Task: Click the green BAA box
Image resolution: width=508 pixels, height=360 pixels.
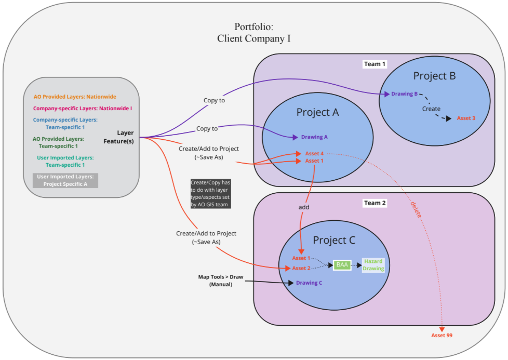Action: click(x=342, y=264)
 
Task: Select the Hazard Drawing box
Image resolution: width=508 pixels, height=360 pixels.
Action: click(x=373, y=265)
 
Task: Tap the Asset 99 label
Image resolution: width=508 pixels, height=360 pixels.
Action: click(x=442, y=335)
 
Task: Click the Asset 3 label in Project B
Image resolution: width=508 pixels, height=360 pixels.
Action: click(x=466, y=118)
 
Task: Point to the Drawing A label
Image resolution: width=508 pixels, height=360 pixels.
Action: click(x=314, y=137)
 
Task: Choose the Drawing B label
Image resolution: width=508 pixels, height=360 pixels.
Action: click(x=404, y=94)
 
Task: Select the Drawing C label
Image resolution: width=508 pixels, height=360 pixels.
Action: click(x=309, y=283)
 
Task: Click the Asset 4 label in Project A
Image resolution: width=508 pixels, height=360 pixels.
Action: click(x=314, y=153)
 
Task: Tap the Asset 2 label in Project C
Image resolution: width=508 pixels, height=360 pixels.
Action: click(x=301, y=268)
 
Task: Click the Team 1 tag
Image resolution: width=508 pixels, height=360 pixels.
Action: click(x=375, y=64)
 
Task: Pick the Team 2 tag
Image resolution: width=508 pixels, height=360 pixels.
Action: click(x=375, y=203)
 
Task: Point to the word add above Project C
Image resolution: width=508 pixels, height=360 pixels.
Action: click(x=304, y=207)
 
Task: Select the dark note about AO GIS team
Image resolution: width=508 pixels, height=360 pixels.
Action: click(x=209, y=194)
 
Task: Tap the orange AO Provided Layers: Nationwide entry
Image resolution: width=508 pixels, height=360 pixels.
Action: click(x=75, y=97)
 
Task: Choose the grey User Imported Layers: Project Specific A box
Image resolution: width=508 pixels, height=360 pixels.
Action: click(x=65, y=180)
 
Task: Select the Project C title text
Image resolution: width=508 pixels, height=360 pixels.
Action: click(x=334, y=241)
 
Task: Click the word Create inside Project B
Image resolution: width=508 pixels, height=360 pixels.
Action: click(x=431, y=109)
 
